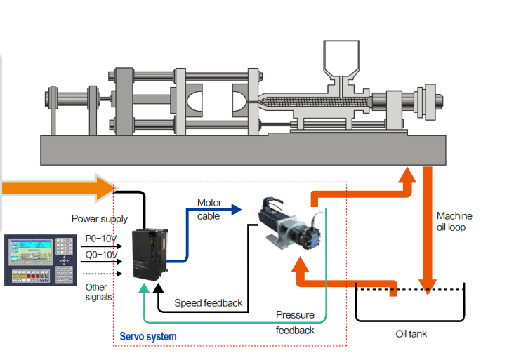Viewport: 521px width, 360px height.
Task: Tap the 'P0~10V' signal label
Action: click(x=101, y=239)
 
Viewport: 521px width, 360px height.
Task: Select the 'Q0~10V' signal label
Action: click(x=101, y=254)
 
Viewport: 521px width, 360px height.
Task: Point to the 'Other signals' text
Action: click(x=97, y=292)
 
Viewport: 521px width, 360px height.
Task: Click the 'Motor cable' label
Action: click(x=209, y=209)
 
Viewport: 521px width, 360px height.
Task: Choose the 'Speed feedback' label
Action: click(x=209, y=303)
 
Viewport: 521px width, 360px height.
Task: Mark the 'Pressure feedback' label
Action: click(x=295, y=322)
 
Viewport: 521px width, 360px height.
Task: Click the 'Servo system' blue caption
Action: click(x=148, y=337)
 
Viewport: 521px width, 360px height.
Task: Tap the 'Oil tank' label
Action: click(x=411, y=333)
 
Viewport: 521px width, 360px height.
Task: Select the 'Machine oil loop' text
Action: click(x=454, y=222)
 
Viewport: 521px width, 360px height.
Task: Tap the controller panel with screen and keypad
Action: click(x=39, y=259)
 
